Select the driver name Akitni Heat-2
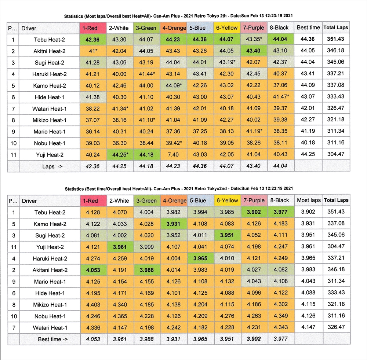pos(50,51)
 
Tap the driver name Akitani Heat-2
pos(50,270)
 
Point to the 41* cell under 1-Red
pos(93,51)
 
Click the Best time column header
pos(308,27)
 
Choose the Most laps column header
pos(308,201)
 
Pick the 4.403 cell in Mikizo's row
pos(92,305)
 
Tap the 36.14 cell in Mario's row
pos(92,132)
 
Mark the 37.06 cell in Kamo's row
pos(280,85)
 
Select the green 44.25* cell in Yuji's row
pos(120,155)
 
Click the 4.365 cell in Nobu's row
pos(120,316)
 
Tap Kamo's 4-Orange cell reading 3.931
pos(174,224)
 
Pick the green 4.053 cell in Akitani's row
pos(92,270)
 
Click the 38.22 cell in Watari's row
pos(92,109)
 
